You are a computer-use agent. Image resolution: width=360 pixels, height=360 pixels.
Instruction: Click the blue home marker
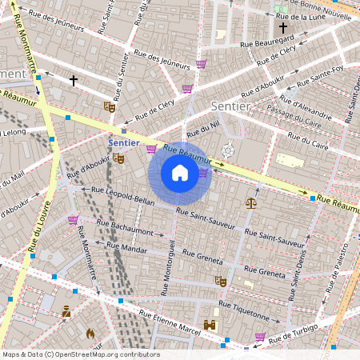(180, 173)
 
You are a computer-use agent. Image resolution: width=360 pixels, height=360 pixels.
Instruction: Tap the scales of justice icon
(253, 203)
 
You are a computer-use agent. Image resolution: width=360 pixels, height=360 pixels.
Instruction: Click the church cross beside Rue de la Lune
(283, 28)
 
